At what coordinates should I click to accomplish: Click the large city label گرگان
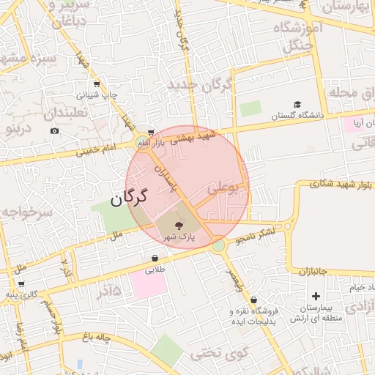point(129,197)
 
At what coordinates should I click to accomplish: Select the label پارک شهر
point(179,238)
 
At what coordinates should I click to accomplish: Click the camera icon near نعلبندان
point(55,131)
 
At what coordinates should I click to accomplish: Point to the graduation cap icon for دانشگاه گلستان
point(297,105)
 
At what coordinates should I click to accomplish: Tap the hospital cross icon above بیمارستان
point(316,297)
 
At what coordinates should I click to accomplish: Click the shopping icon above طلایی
point(155,258)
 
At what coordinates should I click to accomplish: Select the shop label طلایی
point(155,270)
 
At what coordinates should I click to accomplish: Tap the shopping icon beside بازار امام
point(151,132)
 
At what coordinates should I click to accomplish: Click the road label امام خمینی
point(95,150)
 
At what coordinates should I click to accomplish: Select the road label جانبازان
point(316,271)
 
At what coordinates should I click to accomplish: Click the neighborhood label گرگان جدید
point(199,84)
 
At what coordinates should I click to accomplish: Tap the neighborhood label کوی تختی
point(216,354)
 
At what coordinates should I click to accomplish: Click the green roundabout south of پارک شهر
point(218,246)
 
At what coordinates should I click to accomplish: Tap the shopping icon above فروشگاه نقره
point(253,300)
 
